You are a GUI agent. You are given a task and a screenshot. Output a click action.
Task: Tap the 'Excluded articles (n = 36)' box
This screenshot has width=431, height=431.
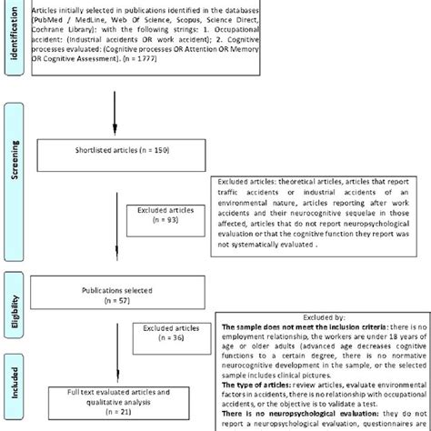tap(173, 334)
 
